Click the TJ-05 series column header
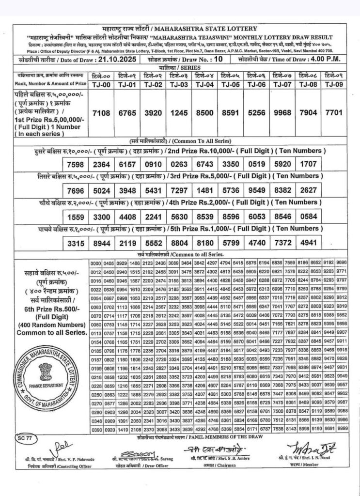[x=230, y=85]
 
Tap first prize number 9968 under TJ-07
[x=282, y=112]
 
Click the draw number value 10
[x=219, y=59]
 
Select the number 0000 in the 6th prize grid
[x=95, y=262]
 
